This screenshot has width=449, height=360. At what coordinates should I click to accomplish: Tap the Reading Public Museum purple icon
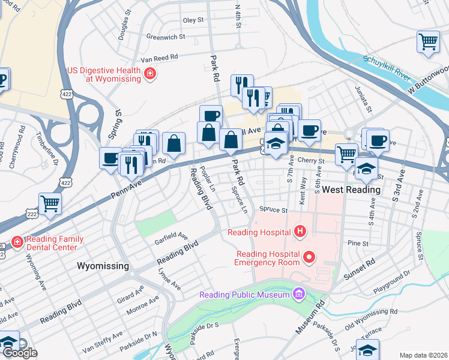tap(298, 294)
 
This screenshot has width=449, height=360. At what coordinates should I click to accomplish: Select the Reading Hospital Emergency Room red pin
tap(309, 257)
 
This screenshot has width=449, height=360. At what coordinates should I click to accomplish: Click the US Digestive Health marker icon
tap(149, 74)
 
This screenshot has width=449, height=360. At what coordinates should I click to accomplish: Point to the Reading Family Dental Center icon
tap(18, 242)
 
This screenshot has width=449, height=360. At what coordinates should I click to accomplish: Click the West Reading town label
tap(351, 190)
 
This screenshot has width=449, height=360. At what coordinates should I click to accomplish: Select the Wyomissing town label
tap(103, 265)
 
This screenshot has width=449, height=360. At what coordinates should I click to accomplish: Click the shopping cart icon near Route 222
tap(50, 203)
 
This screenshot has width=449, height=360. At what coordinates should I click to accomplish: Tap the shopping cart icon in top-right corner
tap(427, 42)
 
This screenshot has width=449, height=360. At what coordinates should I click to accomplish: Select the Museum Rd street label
tap(310, 319)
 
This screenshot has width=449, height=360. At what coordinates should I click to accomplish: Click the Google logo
tap(20, 353)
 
